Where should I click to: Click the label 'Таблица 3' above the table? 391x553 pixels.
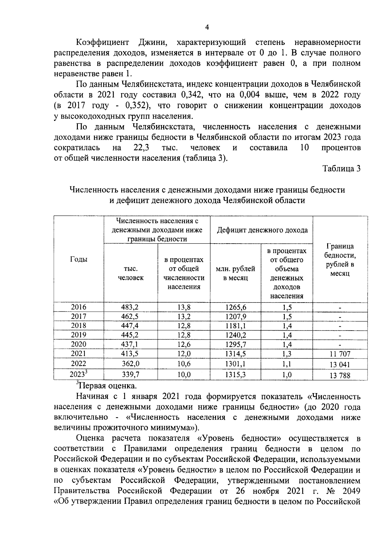341,169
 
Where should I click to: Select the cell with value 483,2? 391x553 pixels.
130,307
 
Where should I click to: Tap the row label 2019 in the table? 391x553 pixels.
79,335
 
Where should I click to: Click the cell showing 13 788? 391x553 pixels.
340,375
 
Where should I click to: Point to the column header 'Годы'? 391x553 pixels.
79,259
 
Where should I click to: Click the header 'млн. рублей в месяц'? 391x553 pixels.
235,273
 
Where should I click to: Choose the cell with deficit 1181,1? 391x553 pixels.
235,326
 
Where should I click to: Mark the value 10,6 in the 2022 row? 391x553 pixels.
184,364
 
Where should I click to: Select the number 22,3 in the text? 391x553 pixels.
141,148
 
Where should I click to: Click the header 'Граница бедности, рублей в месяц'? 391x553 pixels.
340,259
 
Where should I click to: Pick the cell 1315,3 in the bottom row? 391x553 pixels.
235,375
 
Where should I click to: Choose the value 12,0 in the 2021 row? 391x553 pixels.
184,354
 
